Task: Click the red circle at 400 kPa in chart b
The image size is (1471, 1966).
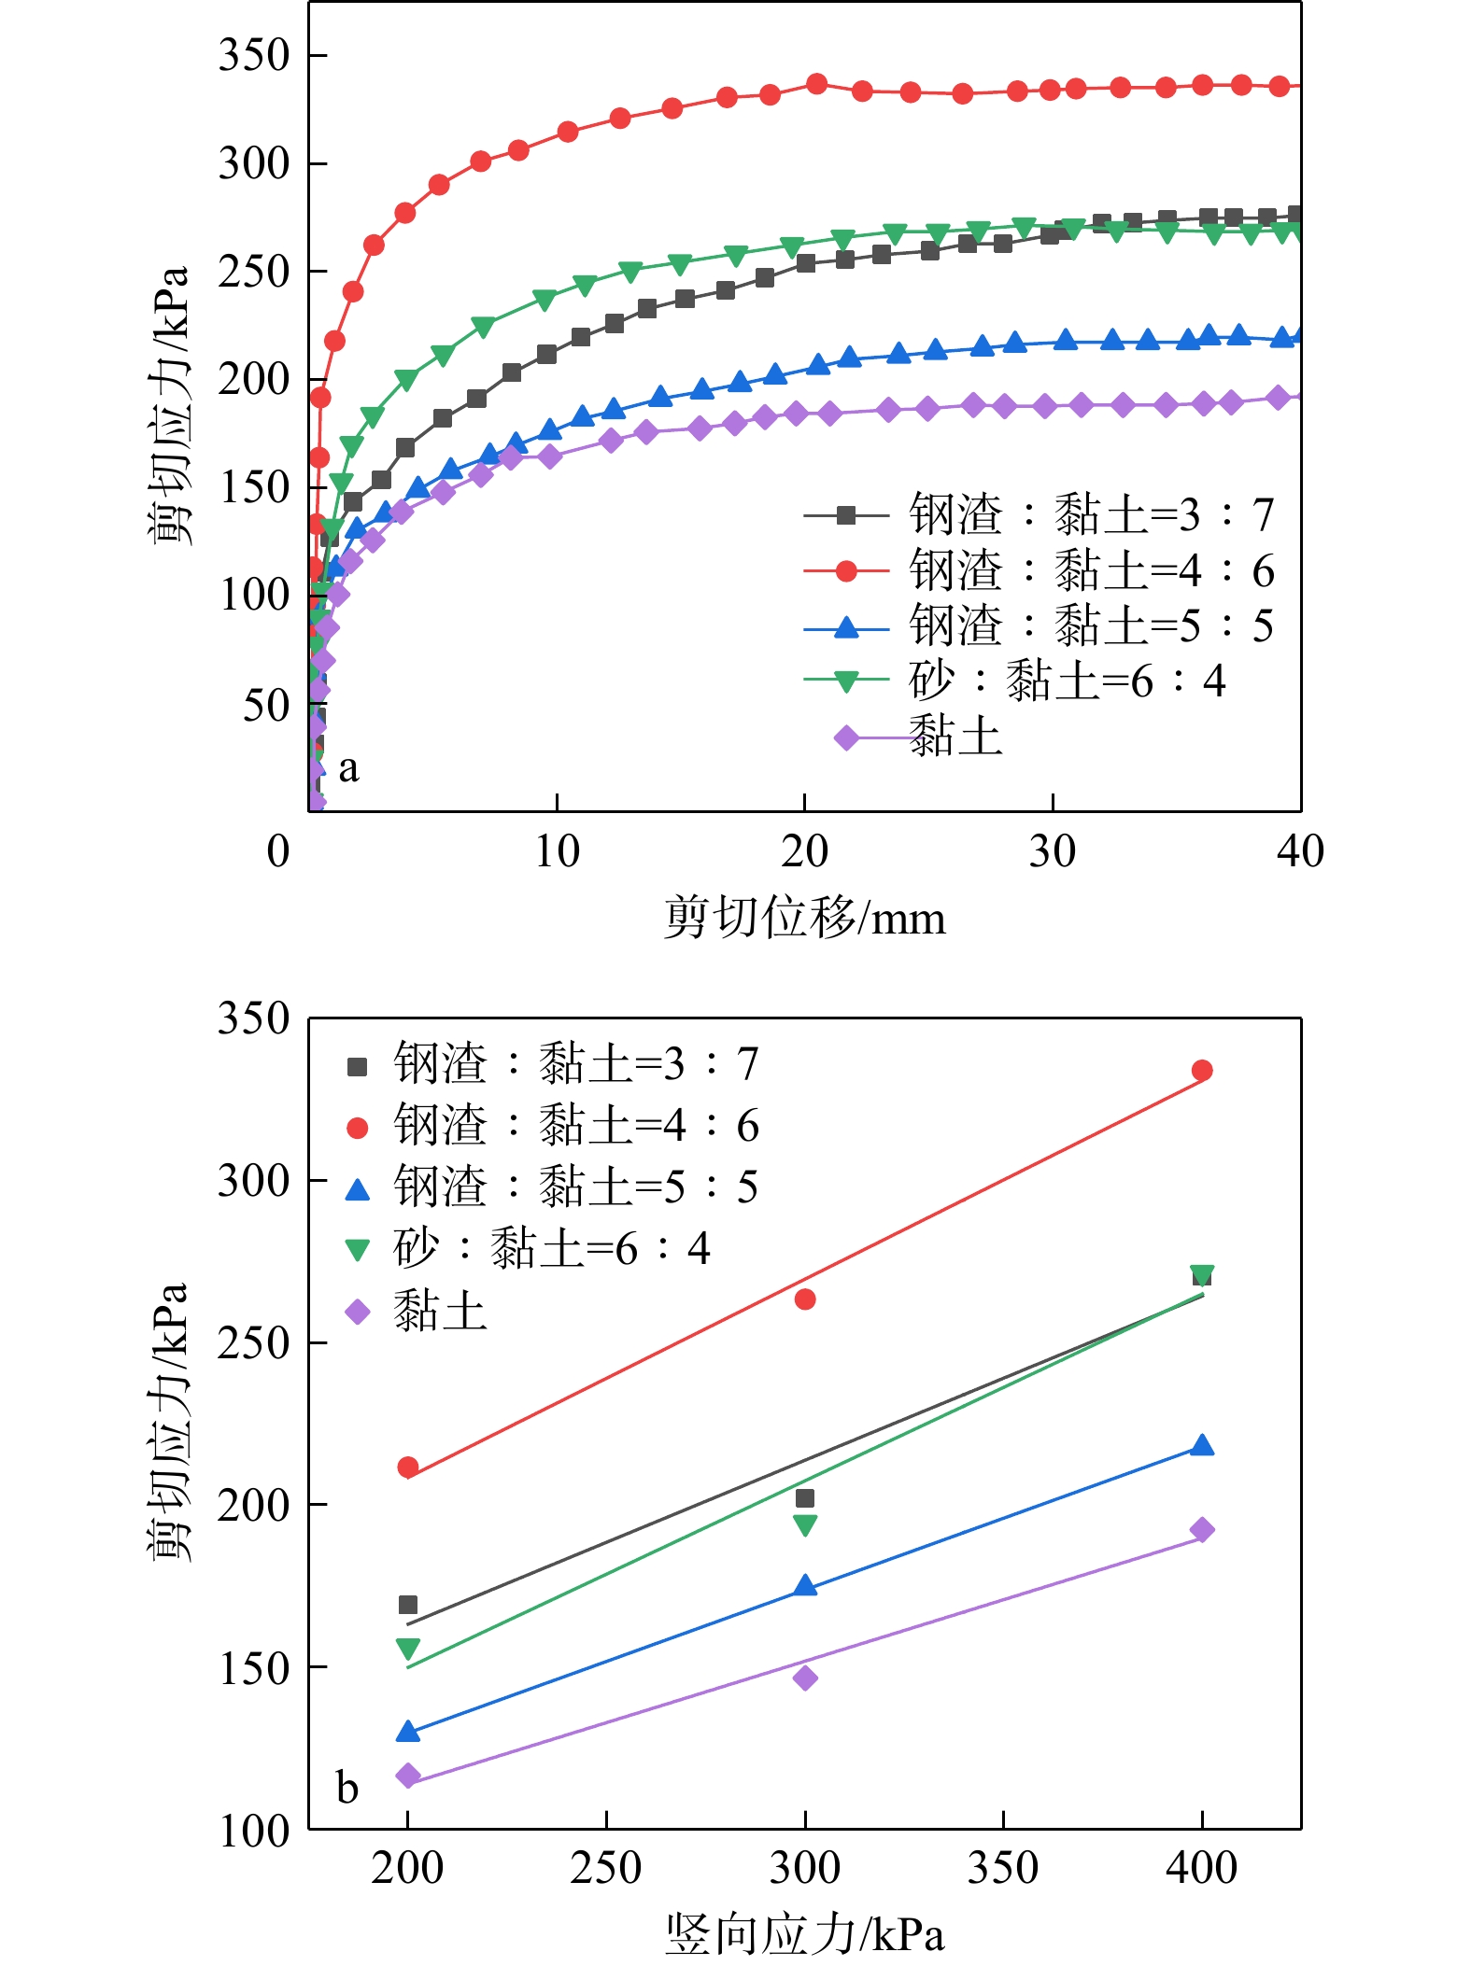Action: point(1202,1071)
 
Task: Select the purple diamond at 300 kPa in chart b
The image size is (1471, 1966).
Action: point(805,1678)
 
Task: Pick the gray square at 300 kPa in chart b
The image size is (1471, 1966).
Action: point(805,1498)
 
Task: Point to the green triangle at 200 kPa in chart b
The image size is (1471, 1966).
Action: point(408,1648)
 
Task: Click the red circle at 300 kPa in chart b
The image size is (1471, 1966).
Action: point(805,1299)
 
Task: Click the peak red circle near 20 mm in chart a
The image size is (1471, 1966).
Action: point(816,84)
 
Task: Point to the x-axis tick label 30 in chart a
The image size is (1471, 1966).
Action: point(1053,851)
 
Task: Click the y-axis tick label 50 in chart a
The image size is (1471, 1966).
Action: point(266,706)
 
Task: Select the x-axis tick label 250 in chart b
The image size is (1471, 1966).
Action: point(606,1868)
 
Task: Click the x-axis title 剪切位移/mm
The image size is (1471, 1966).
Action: point(805,919)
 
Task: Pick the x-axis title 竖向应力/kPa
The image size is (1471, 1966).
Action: point(805,1933)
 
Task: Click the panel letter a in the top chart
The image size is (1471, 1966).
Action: point(348,768)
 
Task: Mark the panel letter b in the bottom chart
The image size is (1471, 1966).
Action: point(347,1788)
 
